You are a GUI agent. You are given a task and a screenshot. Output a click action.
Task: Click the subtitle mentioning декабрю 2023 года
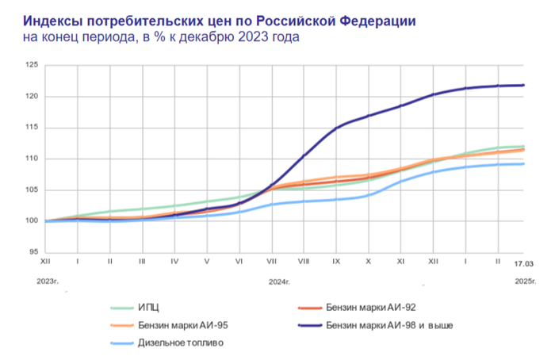[x=161, y=37]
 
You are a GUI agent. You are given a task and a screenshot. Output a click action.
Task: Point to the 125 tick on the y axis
[x=32, y=66]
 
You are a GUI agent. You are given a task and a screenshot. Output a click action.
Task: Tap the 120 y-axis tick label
[x=32, y=97]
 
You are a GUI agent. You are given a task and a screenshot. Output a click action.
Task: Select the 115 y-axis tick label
[x=32, y=128]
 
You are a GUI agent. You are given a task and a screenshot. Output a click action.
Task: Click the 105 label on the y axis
[x=32, y=190]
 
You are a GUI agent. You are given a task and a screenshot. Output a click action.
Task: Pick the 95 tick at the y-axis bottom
[x=34, y=252]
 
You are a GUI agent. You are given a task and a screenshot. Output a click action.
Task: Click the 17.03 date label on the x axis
[x=522, y=262]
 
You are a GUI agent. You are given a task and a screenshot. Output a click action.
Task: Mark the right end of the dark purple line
[x=523, y=85]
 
